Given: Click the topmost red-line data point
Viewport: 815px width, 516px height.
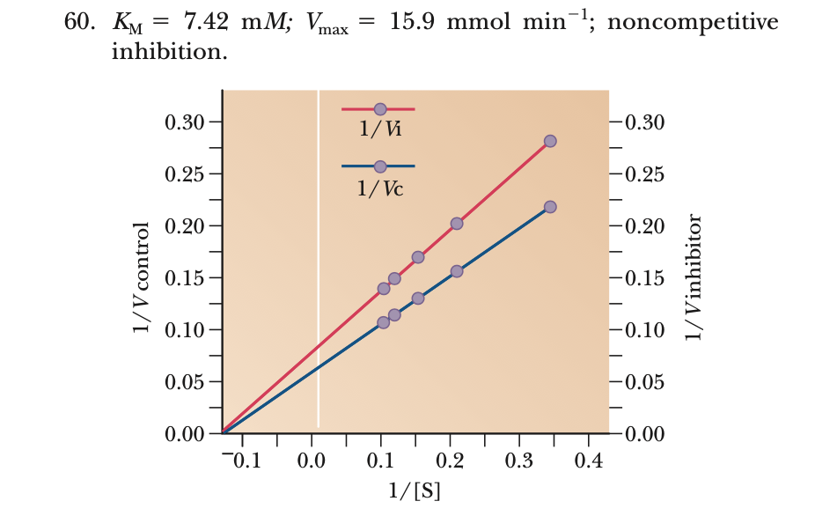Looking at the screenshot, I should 550,141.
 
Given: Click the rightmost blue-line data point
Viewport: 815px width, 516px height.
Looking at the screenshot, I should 550,207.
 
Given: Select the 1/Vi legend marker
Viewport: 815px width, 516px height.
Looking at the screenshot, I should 380,109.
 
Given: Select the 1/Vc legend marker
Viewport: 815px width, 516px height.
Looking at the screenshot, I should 380,166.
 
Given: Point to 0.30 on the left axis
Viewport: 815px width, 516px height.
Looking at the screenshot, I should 181,122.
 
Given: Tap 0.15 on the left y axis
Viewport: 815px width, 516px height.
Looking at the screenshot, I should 181,278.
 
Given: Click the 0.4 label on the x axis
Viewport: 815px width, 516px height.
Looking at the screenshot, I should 589,461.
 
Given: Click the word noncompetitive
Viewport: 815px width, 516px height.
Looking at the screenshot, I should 693,22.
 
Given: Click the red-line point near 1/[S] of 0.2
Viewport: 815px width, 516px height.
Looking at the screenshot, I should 457,224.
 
